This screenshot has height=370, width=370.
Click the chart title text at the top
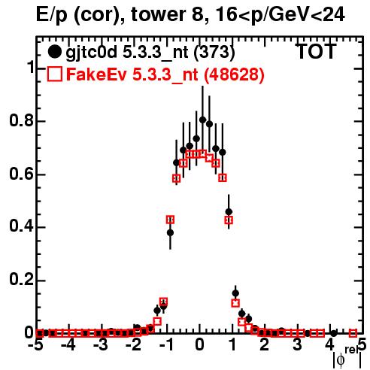point(190,15)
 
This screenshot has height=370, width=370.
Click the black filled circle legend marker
point(54,52)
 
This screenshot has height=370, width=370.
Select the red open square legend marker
point(54,74)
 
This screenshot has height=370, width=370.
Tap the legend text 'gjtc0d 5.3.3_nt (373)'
point(150,53)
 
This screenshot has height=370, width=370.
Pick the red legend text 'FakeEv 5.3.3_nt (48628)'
point(165,74)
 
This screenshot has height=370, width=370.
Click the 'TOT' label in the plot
point(317,51)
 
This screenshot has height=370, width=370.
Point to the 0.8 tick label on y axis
point(21,120)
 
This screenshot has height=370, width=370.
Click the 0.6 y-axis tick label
point(21,174)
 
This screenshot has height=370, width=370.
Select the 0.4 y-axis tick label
point(21,227)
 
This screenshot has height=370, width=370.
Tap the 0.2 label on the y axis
point(21,280)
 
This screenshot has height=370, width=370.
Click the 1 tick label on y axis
point(30,67)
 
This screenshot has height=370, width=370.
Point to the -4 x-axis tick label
point(68,344)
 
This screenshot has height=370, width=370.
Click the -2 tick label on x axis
point(134,344)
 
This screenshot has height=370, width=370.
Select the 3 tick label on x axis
point(297,344)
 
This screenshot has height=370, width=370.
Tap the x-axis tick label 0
point(199,344)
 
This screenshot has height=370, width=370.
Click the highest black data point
point(203,120)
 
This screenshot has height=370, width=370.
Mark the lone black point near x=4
point(333,333)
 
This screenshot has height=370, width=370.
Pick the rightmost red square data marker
point(353,333)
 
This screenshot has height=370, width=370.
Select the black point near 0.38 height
point(170,233)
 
